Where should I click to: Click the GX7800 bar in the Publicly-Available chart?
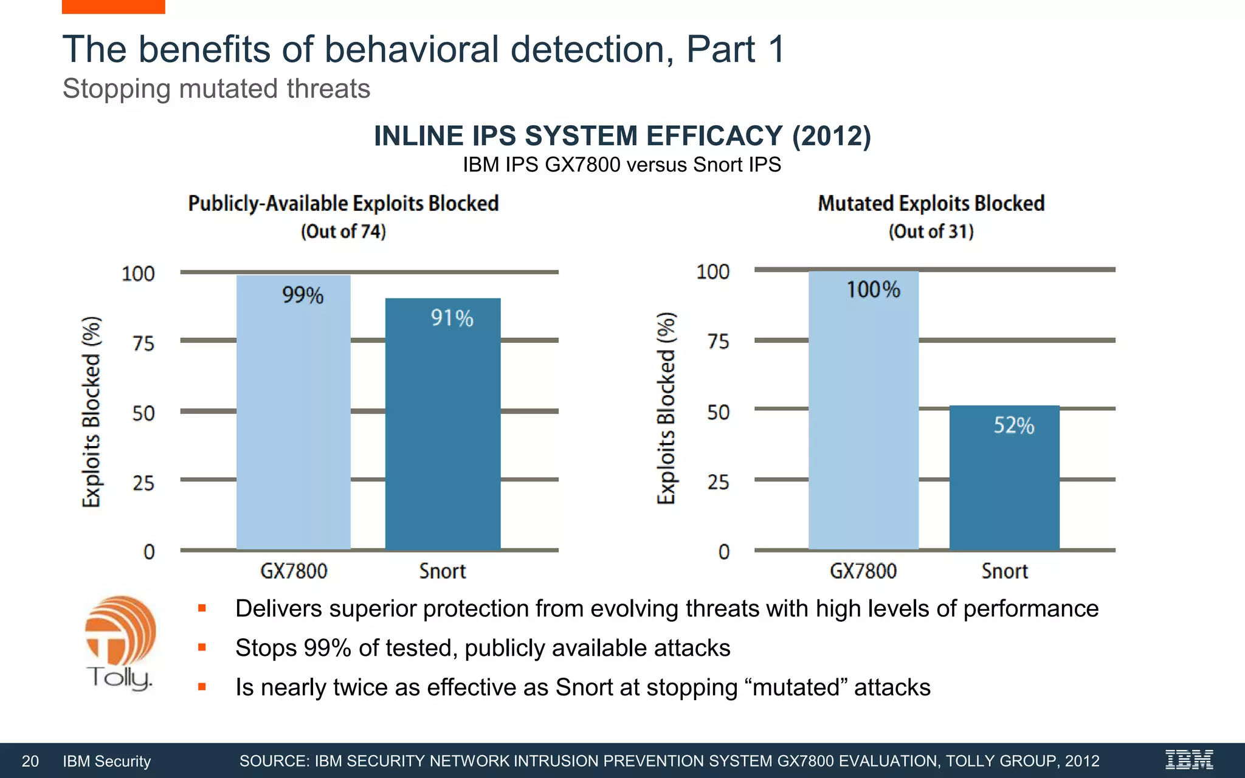click(x=293, y=413)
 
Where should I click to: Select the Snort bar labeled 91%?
click(x=443, y=425)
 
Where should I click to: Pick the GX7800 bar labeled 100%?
click(x=863, y=413)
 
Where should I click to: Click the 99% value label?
click(x=303, y=295)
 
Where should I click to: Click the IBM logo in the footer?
click(x=1189, y=760)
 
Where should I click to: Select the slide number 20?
click(x=30, y=761)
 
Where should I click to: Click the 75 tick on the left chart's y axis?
click(x=143, y=343)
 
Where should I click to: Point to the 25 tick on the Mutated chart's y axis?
click(x=718, y=483)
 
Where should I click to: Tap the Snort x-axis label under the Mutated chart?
click(x=1004, y=571)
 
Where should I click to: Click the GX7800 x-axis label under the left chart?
click(x=294, y=571)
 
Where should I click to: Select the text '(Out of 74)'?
click(x=343, y=232)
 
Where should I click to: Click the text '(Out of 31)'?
click(x=931, y=232)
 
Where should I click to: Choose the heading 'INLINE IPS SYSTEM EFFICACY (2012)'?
click(x=622, y=136)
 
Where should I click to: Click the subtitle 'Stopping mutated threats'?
click(x=216, y=89)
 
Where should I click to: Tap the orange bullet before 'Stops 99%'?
click(x=202, y=648)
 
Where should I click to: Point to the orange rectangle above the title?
click(x=113, y=6)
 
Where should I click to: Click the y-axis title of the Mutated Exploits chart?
click(x=666, y=408)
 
